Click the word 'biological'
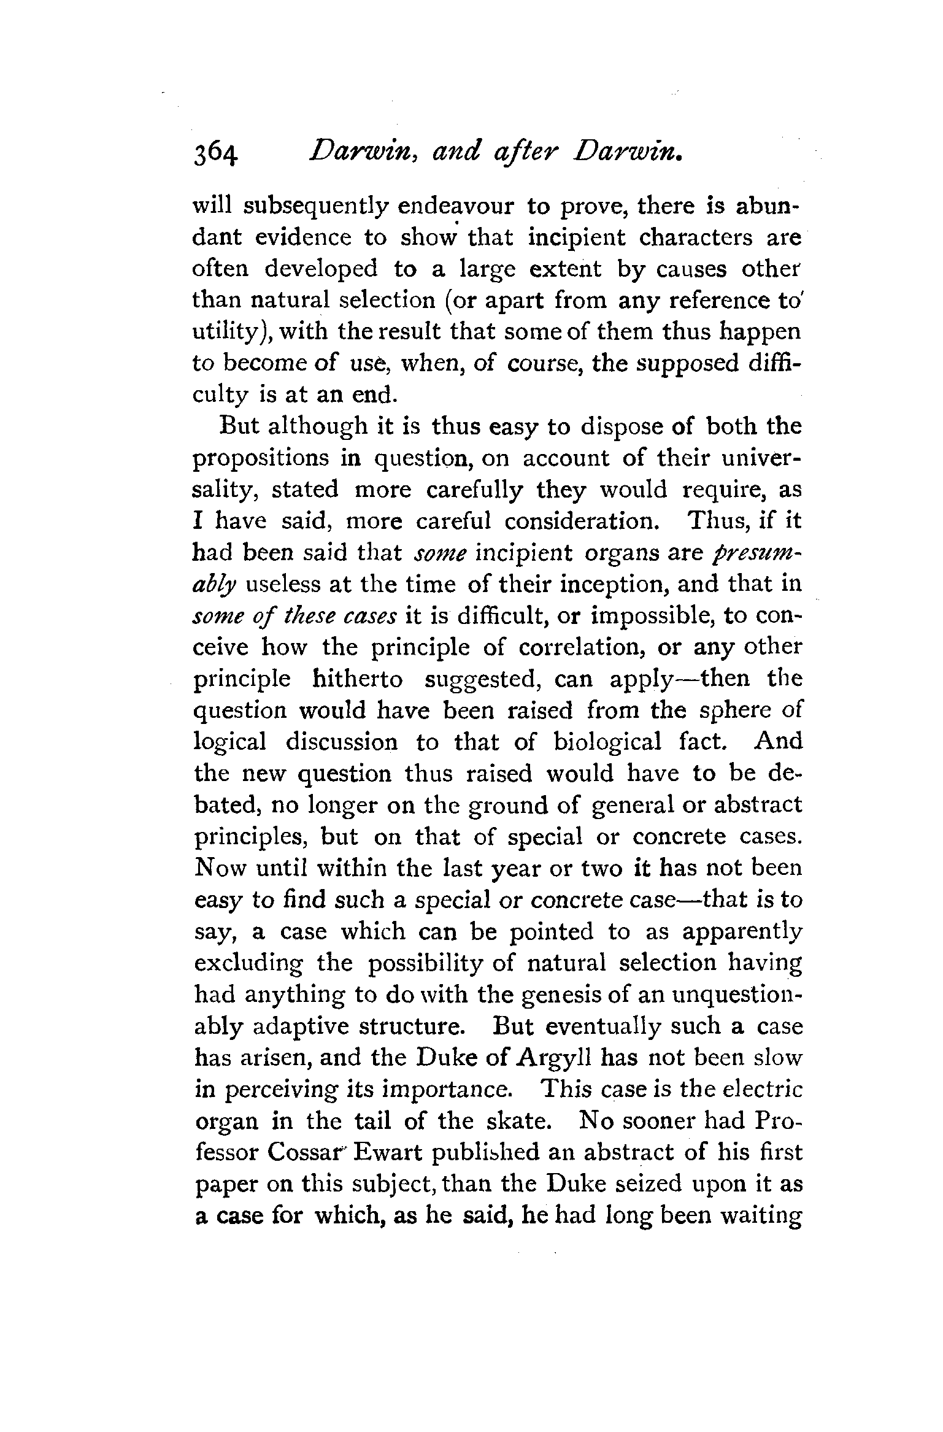[607, 742]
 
